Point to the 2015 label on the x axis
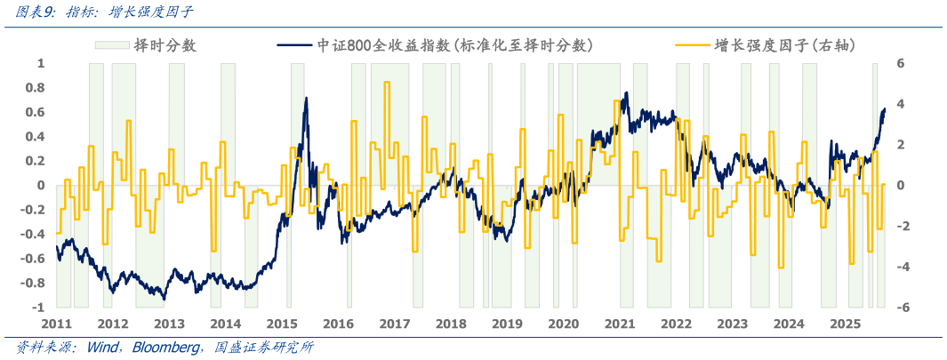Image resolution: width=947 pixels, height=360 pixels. coord(282,324)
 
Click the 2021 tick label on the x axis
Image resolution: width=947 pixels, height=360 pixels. coord(619,324)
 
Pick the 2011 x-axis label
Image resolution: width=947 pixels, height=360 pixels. coord(57,324)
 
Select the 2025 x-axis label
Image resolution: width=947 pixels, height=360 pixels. coord(844,324)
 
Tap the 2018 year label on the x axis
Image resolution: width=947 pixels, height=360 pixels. coord(451,324)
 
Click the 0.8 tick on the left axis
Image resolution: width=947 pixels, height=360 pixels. coord(34,87)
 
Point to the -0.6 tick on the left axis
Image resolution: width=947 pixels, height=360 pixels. coord(31,259)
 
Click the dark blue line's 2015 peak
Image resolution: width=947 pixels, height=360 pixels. coord(306,98)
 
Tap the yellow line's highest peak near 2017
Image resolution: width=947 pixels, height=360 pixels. coord(386,83)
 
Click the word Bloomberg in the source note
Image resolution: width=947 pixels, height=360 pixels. coord(166,348)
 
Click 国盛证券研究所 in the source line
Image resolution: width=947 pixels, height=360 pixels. coord(265,348)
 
